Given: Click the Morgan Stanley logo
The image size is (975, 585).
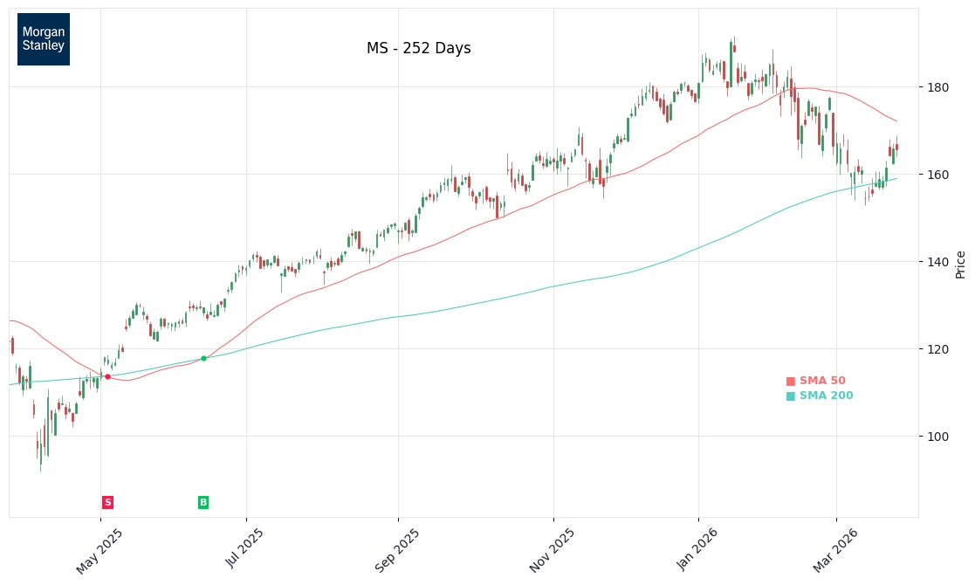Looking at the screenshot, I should pos(44,39).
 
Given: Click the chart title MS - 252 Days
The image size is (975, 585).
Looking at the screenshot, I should pos(418,49).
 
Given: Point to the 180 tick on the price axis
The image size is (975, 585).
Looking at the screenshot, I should pos(937,87).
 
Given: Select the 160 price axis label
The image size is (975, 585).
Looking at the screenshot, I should pos(937,175).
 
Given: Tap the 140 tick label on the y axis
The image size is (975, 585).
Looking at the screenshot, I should pos(937,262).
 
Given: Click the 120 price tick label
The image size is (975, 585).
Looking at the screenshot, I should pos(937,349).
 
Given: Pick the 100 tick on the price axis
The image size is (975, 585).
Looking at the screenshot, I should pos(937,437).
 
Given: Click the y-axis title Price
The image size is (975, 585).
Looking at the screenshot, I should pos(960,265).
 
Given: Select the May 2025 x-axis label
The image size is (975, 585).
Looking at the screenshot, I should pos(100,551).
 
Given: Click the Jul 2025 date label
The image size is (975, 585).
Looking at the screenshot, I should pos(245,549).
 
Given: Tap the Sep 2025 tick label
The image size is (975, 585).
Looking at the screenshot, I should pos(397,551).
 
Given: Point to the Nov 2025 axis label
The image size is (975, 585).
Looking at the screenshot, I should pos(552,551).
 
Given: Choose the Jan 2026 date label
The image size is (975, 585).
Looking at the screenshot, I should pos(697,550).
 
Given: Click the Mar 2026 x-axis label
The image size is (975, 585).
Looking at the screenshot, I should pos(835,551).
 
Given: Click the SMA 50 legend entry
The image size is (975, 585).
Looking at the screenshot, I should pos(816,382).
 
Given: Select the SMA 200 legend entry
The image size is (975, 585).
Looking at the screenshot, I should pos(820,396).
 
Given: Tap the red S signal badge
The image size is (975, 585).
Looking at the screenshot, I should pos(107,502).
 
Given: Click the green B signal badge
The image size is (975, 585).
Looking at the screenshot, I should pos(203,502).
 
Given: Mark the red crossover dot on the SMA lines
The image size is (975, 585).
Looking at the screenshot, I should pos(107,377).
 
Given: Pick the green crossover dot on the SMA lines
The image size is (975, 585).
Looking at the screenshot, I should pos(203,358).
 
